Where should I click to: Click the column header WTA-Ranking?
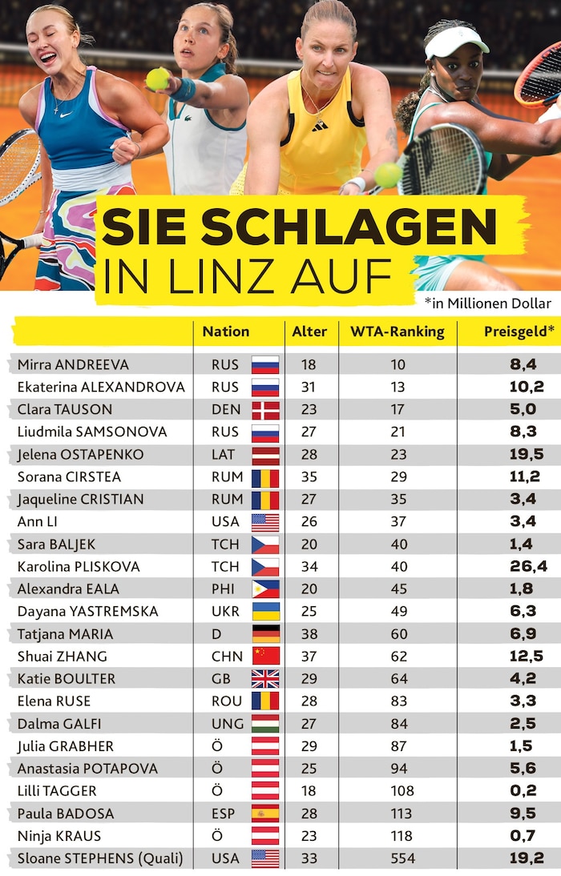tap(397, 332)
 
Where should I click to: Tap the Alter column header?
tap(309, 332)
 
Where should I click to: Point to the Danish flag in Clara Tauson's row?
tap(265, 409)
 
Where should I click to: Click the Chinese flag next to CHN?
tap(265, 656)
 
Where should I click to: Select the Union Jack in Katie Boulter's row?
tap(265, 678)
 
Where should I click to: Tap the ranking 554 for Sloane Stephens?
tap(399, 858)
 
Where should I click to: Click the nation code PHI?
tap(225, 589)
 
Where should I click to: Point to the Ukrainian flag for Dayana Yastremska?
tap(265, 611)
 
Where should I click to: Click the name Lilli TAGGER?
tap(57, 791)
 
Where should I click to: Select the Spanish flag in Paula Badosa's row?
tap(265, 814)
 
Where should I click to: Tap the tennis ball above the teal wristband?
tap(157, 78)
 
